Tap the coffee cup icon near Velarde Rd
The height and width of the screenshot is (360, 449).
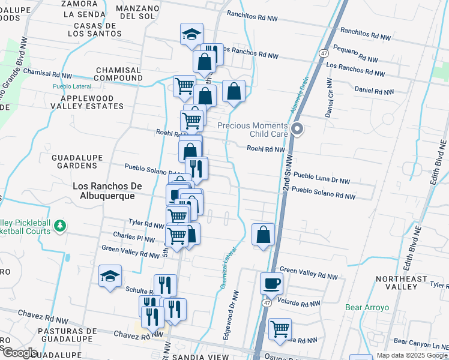pos(271,283)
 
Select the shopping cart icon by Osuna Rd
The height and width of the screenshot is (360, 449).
pos(280,329)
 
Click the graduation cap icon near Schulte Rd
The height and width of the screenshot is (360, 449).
pos(110,276)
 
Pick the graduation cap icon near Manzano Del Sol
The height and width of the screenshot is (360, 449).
pos(191,34)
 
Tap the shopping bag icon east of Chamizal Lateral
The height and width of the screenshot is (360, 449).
pos(263,235)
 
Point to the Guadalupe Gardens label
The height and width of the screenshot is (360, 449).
pos(78,161)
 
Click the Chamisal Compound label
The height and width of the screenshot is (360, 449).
pos(118,74)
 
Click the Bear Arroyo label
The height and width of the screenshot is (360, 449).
pos(367,308)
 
